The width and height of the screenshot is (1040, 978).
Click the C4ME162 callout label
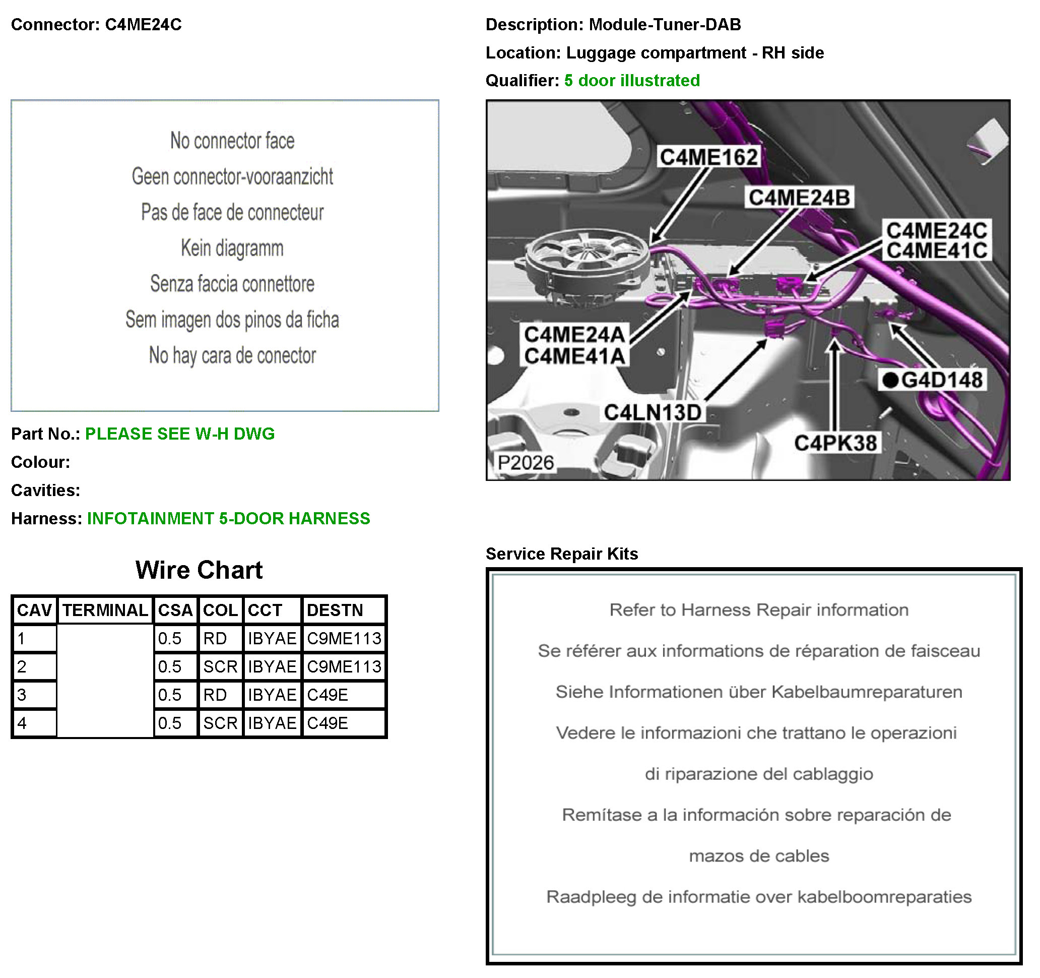[x=709, y=157]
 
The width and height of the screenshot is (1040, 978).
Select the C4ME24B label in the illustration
[x=799, y=197]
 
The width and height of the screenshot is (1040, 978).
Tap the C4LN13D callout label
[x=653, y=412]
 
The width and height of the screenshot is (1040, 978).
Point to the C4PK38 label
[x=835, y=443]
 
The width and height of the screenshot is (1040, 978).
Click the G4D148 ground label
[x=942, y=380]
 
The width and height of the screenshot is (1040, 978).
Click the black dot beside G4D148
[x=890, y=380]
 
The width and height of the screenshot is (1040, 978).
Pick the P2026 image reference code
[x=525, y=463]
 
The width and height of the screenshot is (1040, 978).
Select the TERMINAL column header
[x=105, y=610]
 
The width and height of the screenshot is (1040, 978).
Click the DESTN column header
[x=335, y=610]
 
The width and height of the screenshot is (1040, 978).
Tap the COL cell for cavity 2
[x=220, y=666]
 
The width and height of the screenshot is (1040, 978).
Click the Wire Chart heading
[x=199, y=570]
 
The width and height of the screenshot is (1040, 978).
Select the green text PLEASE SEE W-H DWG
[x=179, y=434]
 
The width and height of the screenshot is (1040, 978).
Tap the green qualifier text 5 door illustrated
[x=632, y=80]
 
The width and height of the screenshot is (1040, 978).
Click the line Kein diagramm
[x=232, y=248]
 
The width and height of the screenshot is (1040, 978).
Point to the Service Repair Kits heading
[x=562, y=554]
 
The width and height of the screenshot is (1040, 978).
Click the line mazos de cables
[x=759, y=855]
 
